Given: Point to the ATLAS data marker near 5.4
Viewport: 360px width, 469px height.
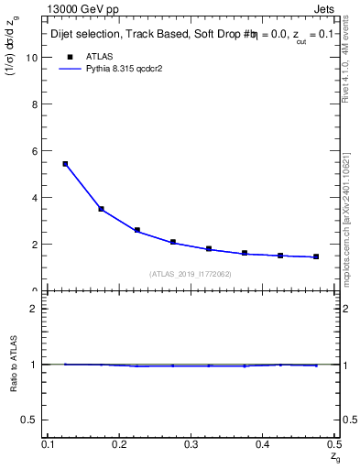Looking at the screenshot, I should click(65, 164).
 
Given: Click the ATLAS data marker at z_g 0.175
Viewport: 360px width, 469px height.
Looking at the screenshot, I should click(101, 209).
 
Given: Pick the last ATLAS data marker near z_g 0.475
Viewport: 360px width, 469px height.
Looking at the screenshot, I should click(316, 256).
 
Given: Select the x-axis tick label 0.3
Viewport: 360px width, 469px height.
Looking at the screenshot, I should click(191, 444).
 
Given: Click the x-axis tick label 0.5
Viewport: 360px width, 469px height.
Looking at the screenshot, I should click(334, 444).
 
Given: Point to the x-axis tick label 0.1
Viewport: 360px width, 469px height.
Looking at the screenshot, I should click(48, 444).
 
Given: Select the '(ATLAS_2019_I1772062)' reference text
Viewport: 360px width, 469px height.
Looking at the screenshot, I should click(191, 274).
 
